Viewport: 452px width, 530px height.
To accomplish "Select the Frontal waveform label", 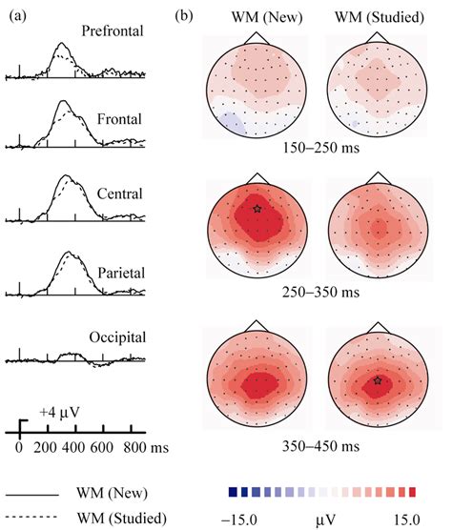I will (x=119, y=120).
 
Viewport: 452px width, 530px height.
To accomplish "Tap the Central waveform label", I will (x=119, y=194).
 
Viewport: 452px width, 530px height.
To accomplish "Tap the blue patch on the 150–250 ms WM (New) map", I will (x=228, y=122).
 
